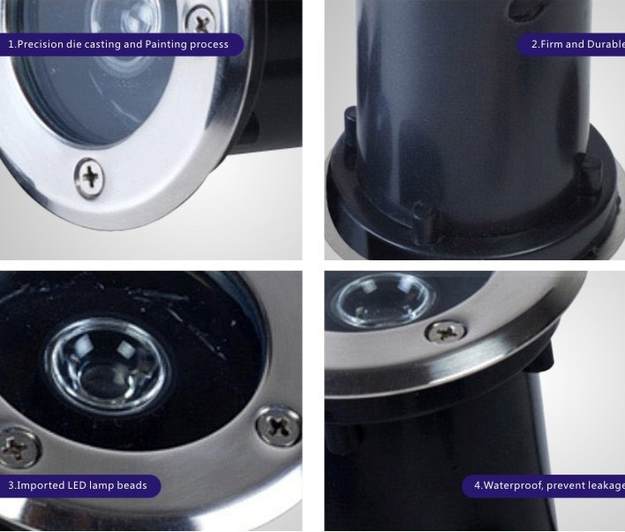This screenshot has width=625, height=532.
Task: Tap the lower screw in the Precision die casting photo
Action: [x=89, y=177]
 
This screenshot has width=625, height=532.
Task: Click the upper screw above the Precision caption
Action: [x=201, y=20]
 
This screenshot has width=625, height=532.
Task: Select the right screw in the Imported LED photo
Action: [x=278, y=426]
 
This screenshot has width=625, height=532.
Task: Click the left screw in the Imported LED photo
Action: [x=17, y=448]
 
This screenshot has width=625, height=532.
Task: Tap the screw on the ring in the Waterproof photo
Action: [x=446, y=332]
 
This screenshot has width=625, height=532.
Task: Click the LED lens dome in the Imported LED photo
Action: [x=108, y=367]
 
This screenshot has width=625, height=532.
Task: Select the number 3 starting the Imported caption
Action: [x=11, y=485]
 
